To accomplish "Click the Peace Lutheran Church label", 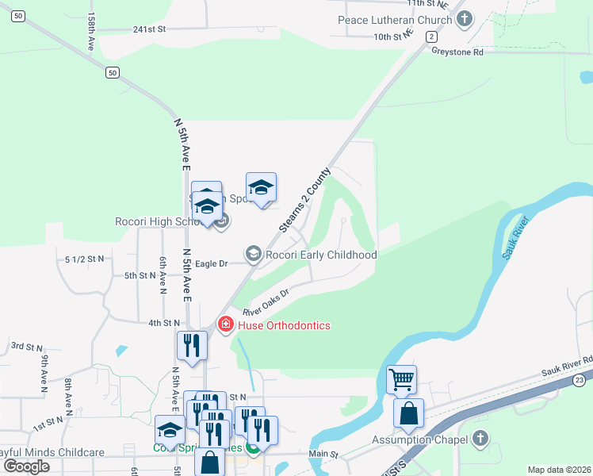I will tap(395, 19).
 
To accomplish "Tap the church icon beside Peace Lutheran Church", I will tap(464, 18).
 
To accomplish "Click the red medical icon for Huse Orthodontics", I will tap(225, 324).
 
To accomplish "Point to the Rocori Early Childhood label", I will tap(320, 255).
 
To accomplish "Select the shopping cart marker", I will tap(402, 379).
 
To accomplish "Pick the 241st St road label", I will tap(149, 29).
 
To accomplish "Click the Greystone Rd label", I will tap(457, 52).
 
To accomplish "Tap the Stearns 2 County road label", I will tap(304, 200).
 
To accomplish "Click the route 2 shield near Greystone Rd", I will tap(430, 36).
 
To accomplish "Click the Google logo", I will tap(26, 466).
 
